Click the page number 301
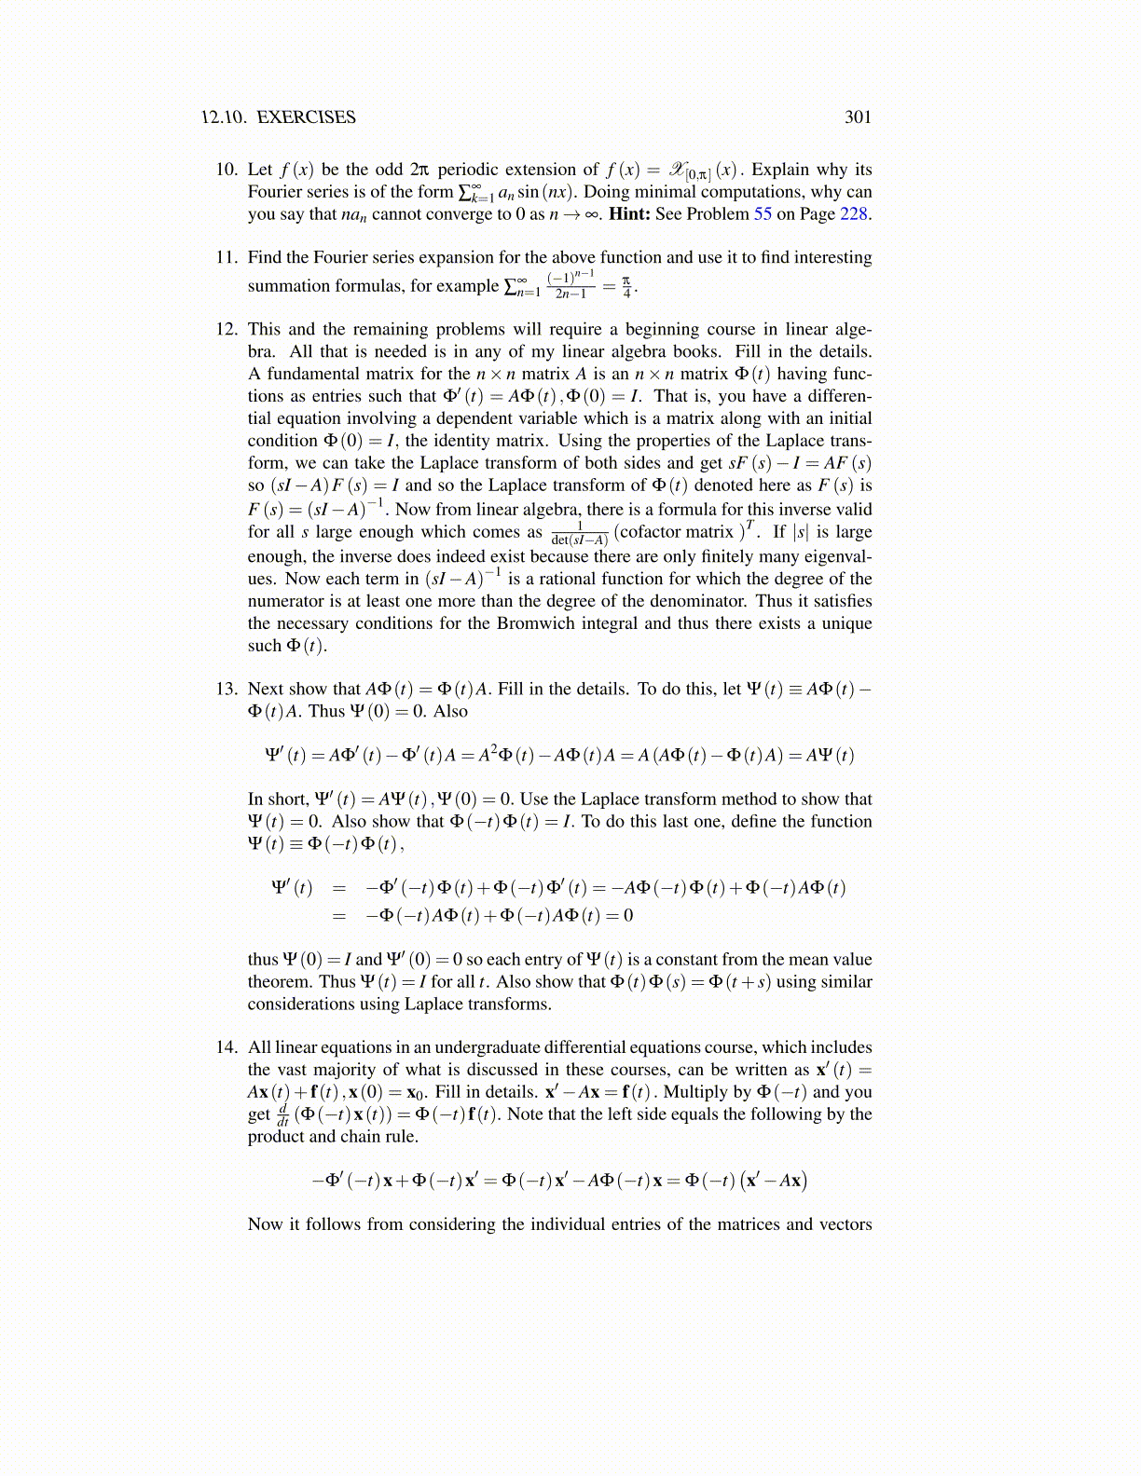(x=858, y=117)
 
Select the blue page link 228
(x=854, y=214)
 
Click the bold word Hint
(x=628, y=214)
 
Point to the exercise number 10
(x=227, y=170)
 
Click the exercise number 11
(x=227, y=258)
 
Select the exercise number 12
(x=227, y=330)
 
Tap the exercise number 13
(x=227, y=690)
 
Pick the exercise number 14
(x=227, y=1047)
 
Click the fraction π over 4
(x=626, y=286)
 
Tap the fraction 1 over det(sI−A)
(x=579, y=534)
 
